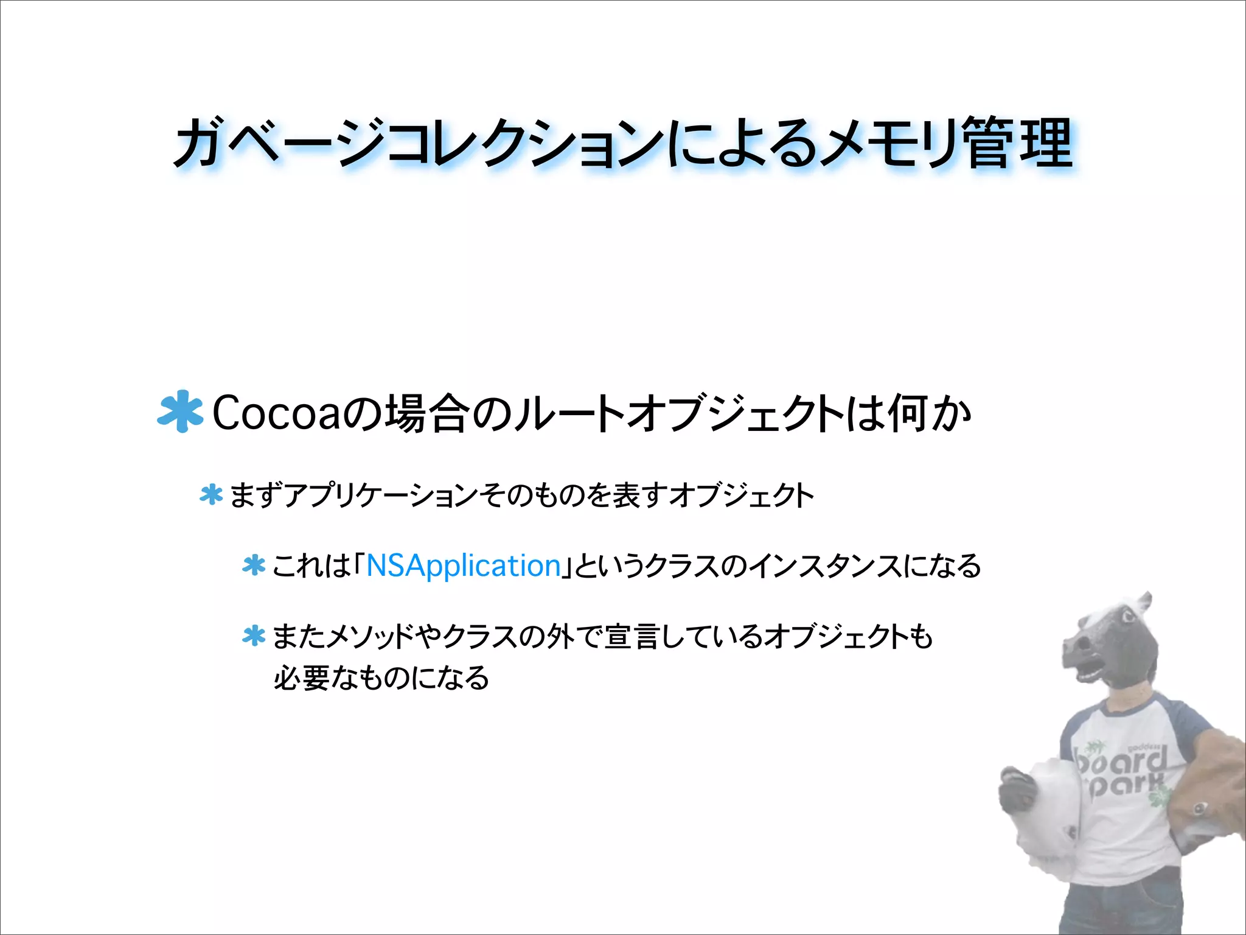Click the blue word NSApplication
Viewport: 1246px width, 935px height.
pyautogui.click(x=463, y=566)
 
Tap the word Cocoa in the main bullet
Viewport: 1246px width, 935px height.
pyautogui.click(x=277, y=413)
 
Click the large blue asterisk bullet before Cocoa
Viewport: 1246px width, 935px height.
pyautogui.click(x=180, y=411)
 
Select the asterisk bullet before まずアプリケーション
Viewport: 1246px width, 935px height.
pyautogui.click(x=211, y=494)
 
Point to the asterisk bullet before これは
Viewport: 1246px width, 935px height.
pyautogui.click(x=254, y=566)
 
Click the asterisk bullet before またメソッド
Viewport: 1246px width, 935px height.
pyautogui.click(x=254, y=636)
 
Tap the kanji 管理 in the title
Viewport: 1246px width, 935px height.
pyautogui.click(x=1019, y=143)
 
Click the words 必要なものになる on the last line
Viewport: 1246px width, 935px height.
pyautogui.click(x=381, y=678)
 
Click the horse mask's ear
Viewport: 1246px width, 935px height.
pyautogui.click(x=1144, y=604)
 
